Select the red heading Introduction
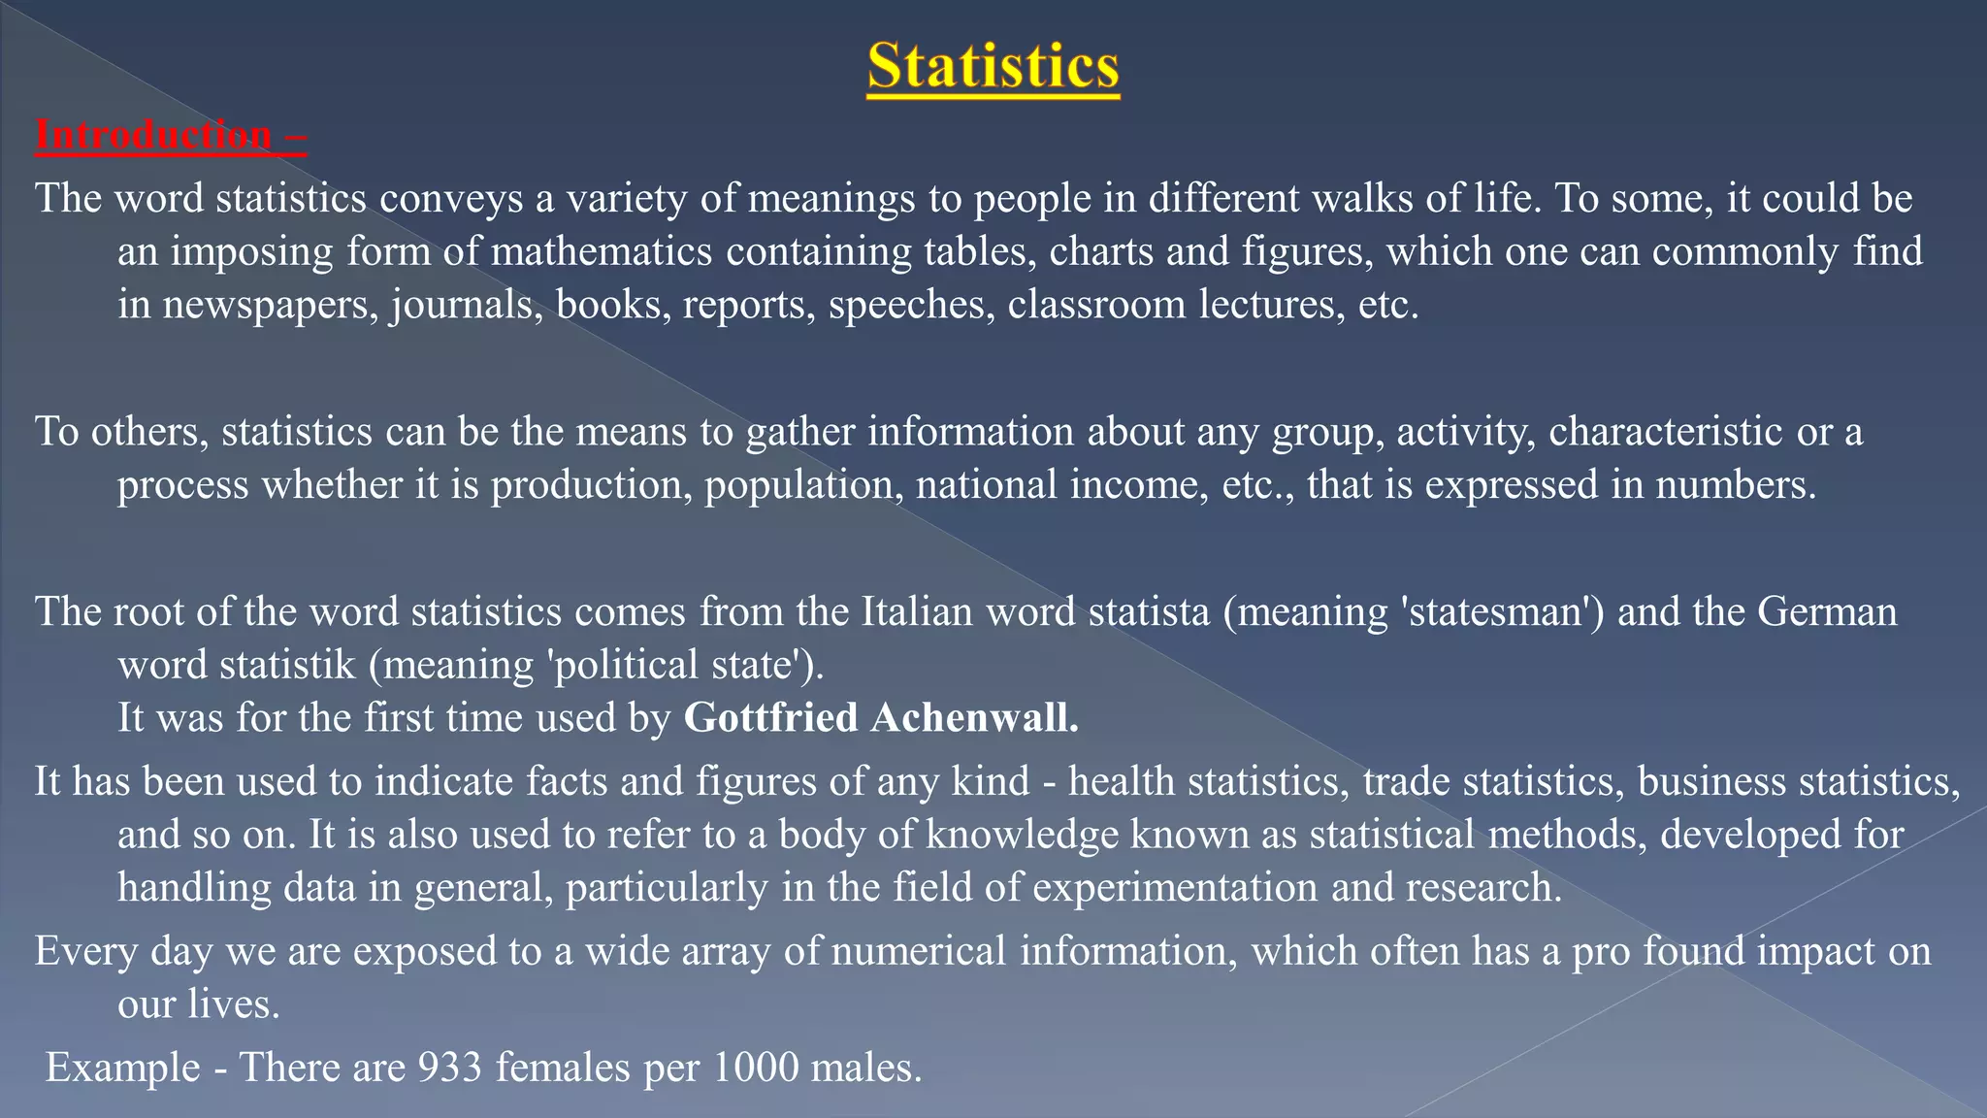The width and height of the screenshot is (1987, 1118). (x=153, y=135)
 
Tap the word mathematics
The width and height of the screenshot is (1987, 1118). (x=602, y=252)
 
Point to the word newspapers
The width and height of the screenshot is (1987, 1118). (x=270, y=306)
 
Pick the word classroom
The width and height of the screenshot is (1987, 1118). (x=1096, y=306)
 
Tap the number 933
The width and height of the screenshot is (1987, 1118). (x=450, y=1069)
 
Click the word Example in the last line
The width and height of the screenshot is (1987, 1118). (x=123, y=1069)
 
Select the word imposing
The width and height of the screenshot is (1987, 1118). (x=252, y=252)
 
